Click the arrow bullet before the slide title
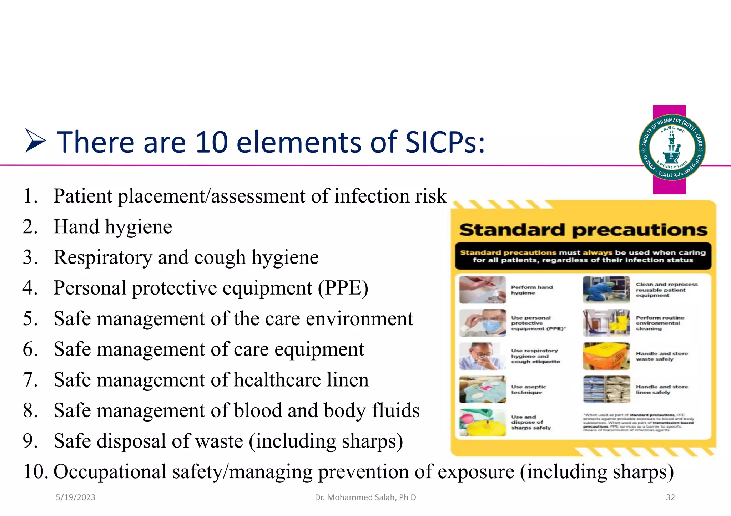[x=35, y=142]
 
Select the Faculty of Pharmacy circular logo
[x=672, y=147]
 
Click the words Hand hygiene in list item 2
[x=113, y=227]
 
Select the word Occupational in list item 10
[x=110, y=471]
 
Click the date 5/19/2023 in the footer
[x=75, y=497]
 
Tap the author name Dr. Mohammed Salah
[x=365, y=497]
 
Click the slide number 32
[x=670, y=497]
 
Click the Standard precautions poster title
[x=583, y=230]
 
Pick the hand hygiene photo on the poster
[x=483, y=290]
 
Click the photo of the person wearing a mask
[x=483, y=323]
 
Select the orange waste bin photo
[x=606, y=356]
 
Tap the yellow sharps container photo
[x=483, y=423]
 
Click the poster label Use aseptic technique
[x=528, y=389]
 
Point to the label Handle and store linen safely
[x=661, y=389]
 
